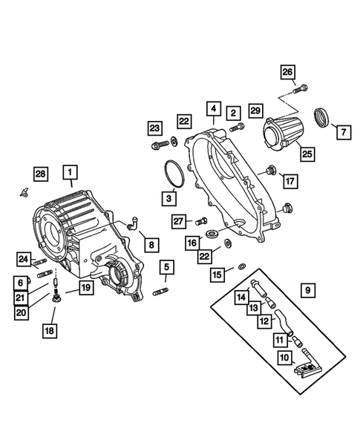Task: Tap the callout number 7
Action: [344, 133]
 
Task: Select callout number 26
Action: [287, 72]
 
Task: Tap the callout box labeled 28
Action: [40, 174]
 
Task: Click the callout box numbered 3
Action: [169, 198]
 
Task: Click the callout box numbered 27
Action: [178, 220]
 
